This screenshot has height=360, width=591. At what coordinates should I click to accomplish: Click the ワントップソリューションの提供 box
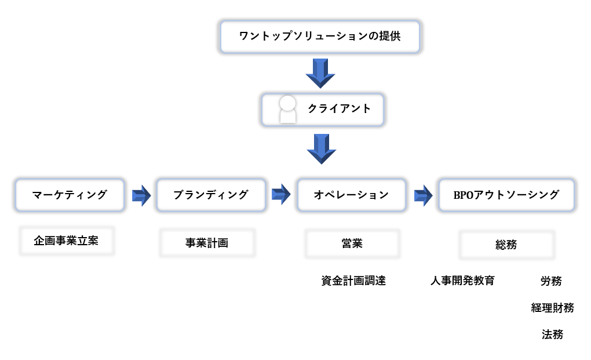pos(320,37)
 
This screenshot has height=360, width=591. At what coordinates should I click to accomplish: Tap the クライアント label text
pos(339,109)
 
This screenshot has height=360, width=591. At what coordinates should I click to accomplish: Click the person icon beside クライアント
pos(287,110)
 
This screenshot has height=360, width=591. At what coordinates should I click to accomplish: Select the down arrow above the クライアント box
pos(320,74)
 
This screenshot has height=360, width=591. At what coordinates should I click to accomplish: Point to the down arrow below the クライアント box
pos(321,149)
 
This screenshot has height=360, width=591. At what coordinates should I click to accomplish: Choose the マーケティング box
pos(70,195)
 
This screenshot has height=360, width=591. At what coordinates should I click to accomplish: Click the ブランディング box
pos(211,195)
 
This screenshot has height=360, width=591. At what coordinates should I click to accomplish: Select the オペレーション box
pos(352,195)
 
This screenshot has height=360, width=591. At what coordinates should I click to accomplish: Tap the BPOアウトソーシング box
pos(506,195)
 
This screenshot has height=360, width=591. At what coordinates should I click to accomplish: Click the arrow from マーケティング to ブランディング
pos(141,195)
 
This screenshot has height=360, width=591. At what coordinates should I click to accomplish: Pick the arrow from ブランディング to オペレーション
pos(281,195)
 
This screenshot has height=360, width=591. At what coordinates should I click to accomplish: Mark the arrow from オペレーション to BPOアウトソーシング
pos(424,195)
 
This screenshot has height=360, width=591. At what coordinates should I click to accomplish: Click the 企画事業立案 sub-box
pos(66,241)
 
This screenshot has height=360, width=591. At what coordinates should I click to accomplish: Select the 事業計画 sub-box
pos(207,243)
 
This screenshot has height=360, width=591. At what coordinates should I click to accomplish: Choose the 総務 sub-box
pos(506,245)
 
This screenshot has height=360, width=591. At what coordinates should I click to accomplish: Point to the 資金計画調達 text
pos(353,281)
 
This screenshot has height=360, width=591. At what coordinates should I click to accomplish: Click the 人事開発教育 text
pos(462,281)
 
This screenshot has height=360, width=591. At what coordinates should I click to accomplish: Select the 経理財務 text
pos(553,308)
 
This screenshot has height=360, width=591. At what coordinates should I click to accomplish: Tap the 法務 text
pos(553,334)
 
